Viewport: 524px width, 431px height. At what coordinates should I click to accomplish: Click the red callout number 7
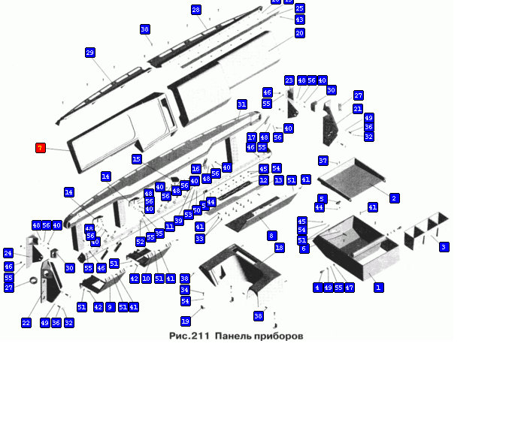click(x=41, y=148)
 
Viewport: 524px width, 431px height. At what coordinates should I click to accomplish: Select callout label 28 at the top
click(x=196, y=10)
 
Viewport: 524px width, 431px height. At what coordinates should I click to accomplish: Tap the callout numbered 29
click(x=90, y=53)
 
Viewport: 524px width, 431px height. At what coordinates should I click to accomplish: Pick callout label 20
click(x=300, y=33)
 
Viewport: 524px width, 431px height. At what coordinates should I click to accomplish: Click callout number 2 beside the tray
click(x=394, y=198)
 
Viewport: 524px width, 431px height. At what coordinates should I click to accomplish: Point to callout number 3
click(x=444, y=247)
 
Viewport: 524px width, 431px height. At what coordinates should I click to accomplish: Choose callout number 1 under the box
click(x=379, y=288)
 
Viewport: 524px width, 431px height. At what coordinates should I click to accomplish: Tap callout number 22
click(x=26, y=323)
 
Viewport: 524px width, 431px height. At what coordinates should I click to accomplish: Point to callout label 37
click(x=323, y=161)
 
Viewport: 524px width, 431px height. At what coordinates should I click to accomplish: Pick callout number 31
click(x=241, y=104)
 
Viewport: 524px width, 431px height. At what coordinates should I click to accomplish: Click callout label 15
click(x=136, y=159)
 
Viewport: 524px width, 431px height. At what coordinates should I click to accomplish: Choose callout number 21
click(x=358, y=109)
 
